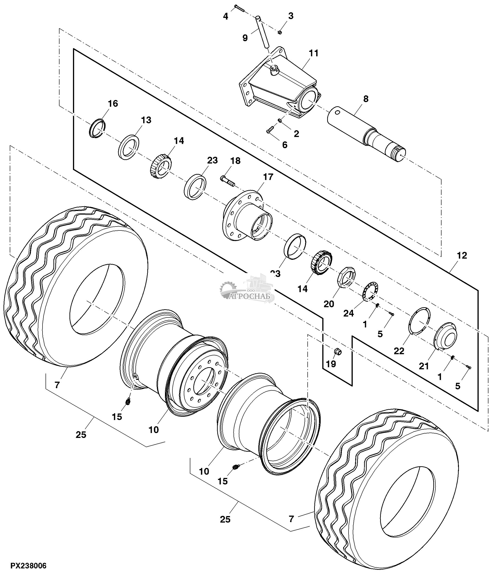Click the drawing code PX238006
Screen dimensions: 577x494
point(28,566)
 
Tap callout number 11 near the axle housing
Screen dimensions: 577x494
point(313,53)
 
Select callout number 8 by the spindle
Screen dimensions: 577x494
point(366,99)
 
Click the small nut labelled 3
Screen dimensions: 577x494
point(280,32)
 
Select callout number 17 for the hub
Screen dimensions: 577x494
point(268,177)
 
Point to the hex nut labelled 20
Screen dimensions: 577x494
point(347,277)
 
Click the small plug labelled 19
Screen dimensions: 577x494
point(337,352)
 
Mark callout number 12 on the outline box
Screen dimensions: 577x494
point(462,255)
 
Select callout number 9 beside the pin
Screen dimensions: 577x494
point(245,38)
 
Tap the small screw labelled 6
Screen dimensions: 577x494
point(270,130)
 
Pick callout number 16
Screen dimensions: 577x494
point(113,103)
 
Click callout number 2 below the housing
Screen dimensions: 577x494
point(296,134)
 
